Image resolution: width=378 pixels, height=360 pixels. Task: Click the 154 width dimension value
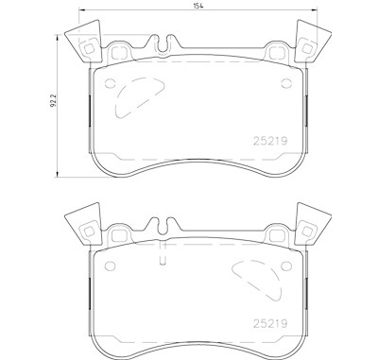(x=198, y=6)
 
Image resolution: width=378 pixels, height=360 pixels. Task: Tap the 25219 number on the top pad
(x=270, y=141)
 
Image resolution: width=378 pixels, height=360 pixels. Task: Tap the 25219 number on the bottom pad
(x=270, y=323)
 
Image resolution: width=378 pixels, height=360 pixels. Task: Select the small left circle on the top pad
(x=110, y=83)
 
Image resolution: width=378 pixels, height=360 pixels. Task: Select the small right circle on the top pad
(x=286, y=83)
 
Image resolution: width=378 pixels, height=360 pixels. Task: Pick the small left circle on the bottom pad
(x=110, y=266)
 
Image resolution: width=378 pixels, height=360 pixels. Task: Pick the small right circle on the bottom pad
(x=286, y=266)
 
